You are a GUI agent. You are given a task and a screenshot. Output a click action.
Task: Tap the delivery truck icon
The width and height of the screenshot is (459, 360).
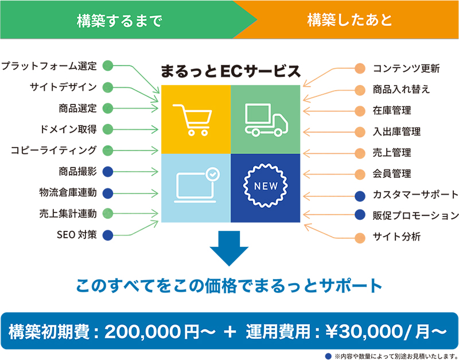266,120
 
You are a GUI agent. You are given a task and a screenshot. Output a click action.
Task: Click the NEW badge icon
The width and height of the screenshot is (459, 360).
266,185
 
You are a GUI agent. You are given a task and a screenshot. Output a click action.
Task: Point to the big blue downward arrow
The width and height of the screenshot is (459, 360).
229,248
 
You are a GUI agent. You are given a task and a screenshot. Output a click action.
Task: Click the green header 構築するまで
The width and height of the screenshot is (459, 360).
119,21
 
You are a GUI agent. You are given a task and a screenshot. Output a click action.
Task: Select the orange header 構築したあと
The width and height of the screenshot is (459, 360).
349,21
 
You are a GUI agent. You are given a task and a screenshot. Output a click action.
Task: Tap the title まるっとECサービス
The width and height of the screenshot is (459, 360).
231,71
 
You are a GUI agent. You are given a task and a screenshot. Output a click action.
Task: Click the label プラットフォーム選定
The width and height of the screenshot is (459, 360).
49,66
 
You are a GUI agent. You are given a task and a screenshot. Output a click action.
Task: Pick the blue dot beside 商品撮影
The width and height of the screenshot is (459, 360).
108,172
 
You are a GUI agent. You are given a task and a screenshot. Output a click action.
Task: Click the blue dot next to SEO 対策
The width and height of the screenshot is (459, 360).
108,235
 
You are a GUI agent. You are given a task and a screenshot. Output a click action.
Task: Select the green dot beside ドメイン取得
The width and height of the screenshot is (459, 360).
108,129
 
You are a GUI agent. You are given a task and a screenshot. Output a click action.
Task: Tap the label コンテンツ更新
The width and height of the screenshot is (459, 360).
406,68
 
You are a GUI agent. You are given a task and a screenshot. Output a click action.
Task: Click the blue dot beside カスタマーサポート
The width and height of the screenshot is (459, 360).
360,196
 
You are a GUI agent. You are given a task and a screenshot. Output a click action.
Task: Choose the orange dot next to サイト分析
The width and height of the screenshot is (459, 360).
360,238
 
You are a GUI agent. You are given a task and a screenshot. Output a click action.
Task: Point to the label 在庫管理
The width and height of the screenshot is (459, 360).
392,111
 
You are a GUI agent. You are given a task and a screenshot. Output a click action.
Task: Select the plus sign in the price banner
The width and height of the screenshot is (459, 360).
230,332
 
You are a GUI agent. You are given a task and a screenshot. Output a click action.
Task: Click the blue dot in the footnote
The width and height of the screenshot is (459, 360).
328,356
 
